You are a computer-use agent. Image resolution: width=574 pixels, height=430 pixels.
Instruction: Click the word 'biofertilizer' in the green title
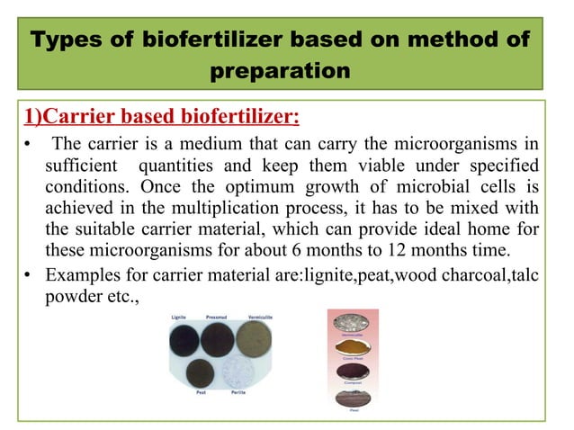pyautogui.click(x=210, y=41)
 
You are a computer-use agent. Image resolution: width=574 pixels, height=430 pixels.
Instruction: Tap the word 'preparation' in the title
pyautogui.click(x=286, y=71)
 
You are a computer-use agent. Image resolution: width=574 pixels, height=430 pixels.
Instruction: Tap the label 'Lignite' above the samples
pyautogui.click(x=181, y=318)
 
